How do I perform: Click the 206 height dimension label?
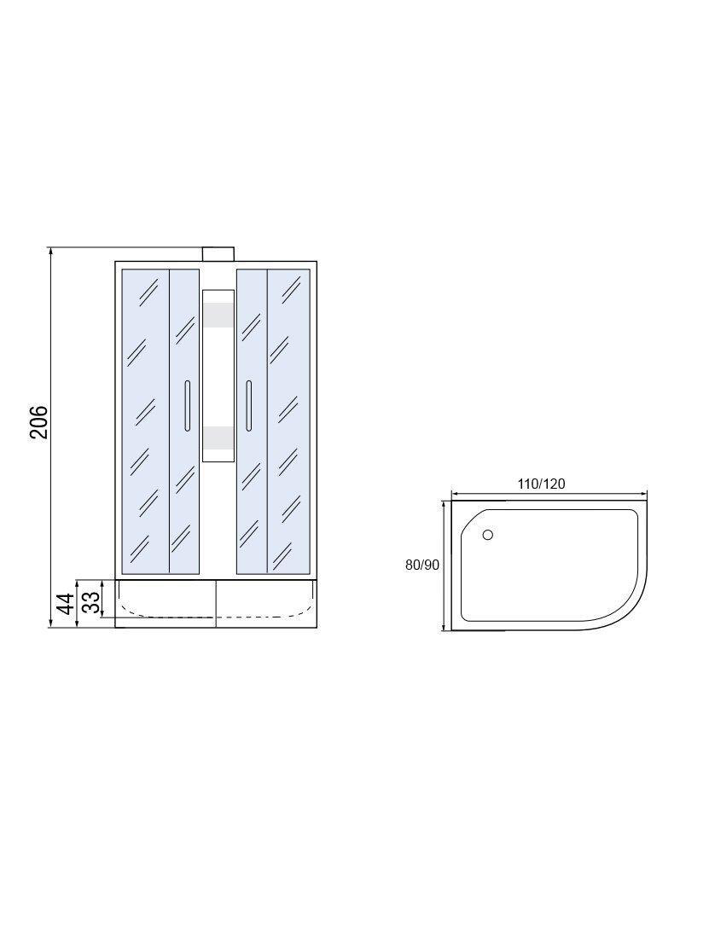point(39,422)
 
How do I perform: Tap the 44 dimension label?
point(66,603)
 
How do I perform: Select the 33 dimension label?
point(90,602)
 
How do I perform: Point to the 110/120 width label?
point(542,484)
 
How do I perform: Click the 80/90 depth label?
point(422,565)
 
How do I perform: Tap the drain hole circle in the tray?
point(488,535)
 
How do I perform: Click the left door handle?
point(188,406)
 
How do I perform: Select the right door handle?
point(247,406)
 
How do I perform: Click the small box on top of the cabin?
point(218,254)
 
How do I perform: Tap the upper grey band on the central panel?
point(218,315)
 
